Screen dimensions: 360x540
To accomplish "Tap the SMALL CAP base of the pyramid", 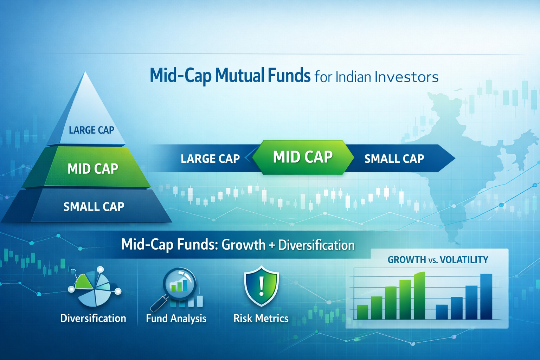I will pyautogui.click(x=94, y=206).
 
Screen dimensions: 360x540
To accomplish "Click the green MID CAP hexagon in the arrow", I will pyautogui.click(x=303, y=157).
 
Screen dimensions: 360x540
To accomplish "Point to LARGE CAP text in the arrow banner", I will pyautogui.click(x=210, y=159).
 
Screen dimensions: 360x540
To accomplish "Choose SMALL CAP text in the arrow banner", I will pyautogui.click(x=394, y=159).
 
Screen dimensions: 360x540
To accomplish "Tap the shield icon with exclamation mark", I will pyautogui.click(x=261, y=285).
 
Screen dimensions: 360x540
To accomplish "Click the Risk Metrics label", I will pyautogui.click(x=261, y=318).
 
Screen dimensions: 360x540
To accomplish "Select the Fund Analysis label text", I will pyautogui.click(x=176, y=318).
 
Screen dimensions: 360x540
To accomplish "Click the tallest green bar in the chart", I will pyautogui.click(x=419, y=296).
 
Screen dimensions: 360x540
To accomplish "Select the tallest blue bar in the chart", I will pyautogui.click(x=486, y=296).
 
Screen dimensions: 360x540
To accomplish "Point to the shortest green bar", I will pyautogui.click(x=362, y=312).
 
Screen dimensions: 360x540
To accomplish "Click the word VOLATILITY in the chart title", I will pyautogui.click(x=464, y=260).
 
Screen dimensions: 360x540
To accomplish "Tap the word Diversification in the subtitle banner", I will pyautogui.click(x=316, y=245).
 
